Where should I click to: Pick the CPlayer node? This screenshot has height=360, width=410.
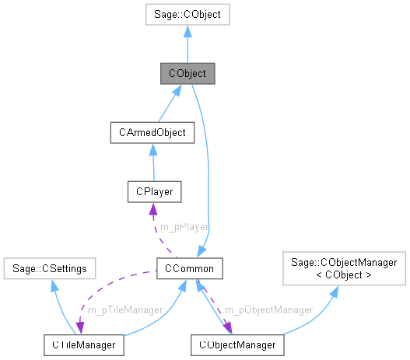click(155, 190)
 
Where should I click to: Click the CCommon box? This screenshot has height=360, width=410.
click(190, 268)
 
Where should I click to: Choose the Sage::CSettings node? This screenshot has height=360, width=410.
click(50, 268)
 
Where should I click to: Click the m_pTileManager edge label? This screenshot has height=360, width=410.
click(124, 309)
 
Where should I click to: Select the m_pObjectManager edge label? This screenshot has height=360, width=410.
click(269, 309)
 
